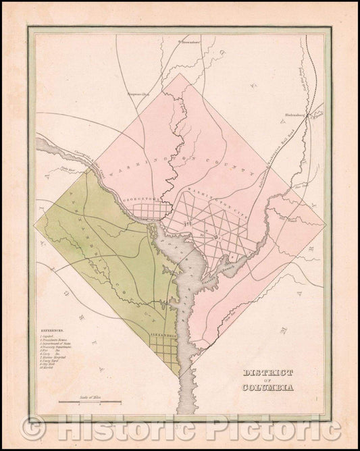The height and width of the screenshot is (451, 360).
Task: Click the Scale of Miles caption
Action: click(x=74, y=398)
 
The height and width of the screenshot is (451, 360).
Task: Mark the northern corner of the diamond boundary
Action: click(x=180, y=72)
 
